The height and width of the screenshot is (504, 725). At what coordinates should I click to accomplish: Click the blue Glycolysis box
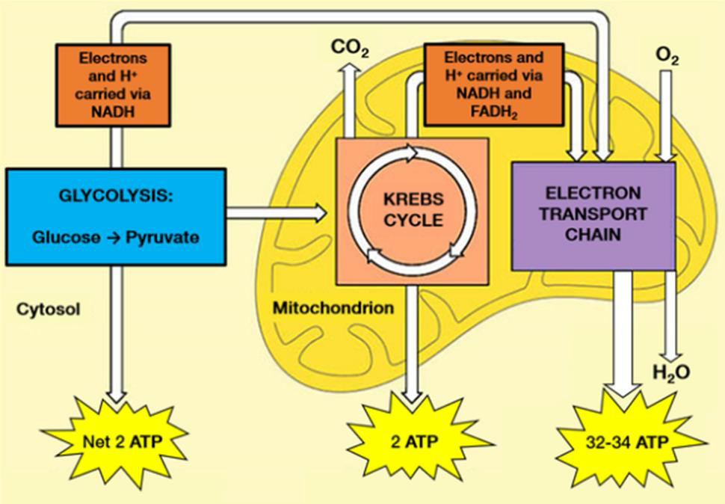point(116,217)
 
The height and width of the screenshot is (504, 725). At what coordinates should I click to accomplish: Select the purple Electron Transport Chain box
point(593,216)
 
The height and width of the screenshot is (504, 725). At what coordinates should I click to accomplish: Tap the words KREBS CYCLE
point(413,209)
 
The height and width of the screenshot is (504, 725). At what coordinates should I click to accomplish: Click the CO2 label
point(350,48)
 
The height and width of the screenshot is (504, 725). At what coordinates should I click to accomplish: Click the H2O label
point(671,372)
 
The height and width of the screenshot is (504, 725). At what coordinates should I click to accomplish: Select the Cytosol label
point(49,309)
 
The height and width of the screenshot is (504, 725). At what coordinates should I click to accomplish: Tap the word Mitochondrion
point(333,307)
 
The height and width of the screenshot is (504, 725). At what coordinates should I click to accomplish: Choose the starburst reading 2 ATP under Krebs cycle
point(415,442)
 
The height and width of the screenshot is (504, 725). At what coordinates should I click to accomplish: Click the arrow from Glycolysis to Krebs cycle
point(277,212)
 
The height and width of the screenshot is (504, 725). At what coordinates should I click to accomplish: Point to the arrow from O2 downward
point(666,116)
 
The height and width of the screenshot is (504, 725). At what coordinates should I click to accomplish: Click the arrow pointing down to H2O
point(671,317)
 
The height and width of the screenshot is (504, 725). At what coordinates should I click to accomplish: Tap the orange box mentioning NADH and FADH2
point(494,84)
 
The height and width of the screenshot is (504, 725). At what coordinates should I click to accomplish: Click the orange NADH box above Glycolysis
point(114,85)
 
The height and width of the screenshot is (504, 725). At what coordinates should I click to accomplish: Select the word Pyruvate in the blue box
point(162,238)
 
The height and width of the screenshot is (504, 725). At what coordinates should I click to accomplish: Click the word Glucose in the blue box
point(66,237)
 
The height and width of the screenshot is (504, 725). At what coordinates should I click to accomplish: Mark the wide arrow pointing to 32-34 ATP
point(623,334)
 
